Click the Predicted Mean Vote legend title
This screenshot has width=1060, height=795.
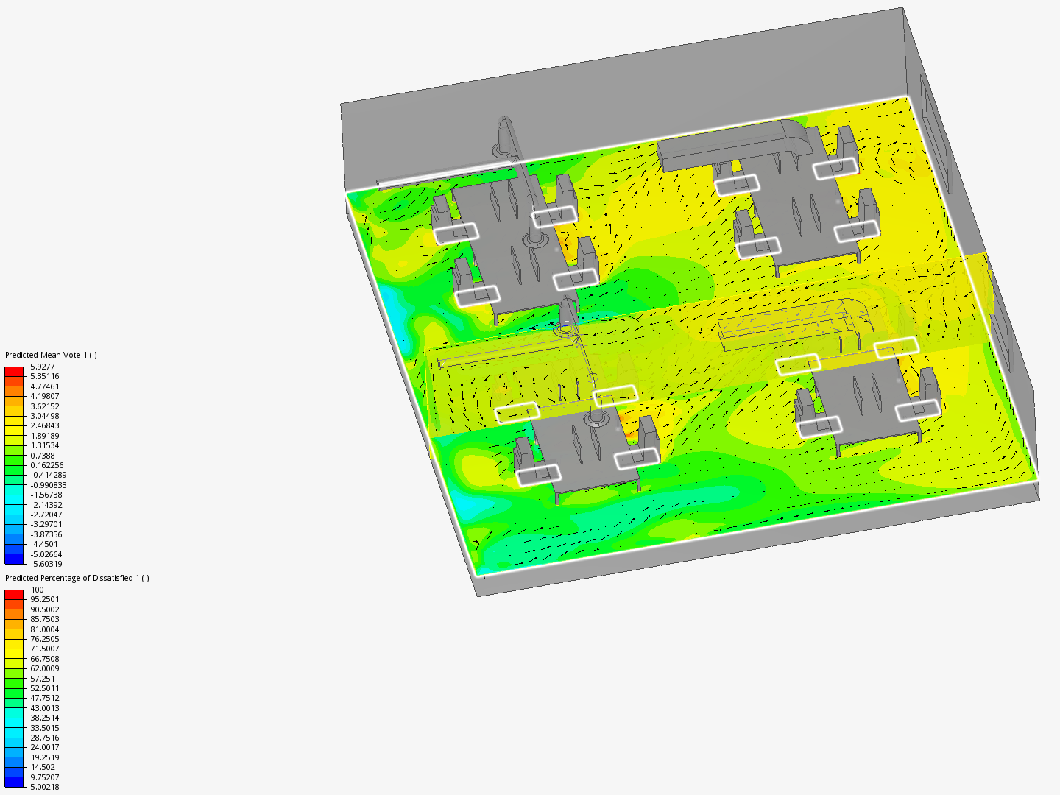[51, 355]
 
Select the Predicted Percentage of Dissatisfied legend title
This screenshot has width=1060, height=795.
[77, 578]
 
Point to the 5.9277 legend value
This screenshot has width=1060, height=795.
[43, 367]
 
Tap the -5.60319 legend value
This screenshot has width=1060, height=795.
[46, 564]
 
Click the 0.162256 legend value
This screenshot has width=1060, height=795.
[47, 465]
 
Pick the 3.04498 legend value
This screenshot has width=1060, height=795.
[45, 416]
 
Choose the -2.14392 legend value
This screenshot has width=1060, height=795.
[46, 505]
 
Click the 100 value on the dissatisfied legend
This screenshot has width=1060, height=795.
[38, 590]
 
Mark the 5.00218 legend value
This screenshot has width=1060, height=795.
[45, 787]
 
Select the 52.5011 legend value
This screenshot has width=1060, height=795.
[45, 688]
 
